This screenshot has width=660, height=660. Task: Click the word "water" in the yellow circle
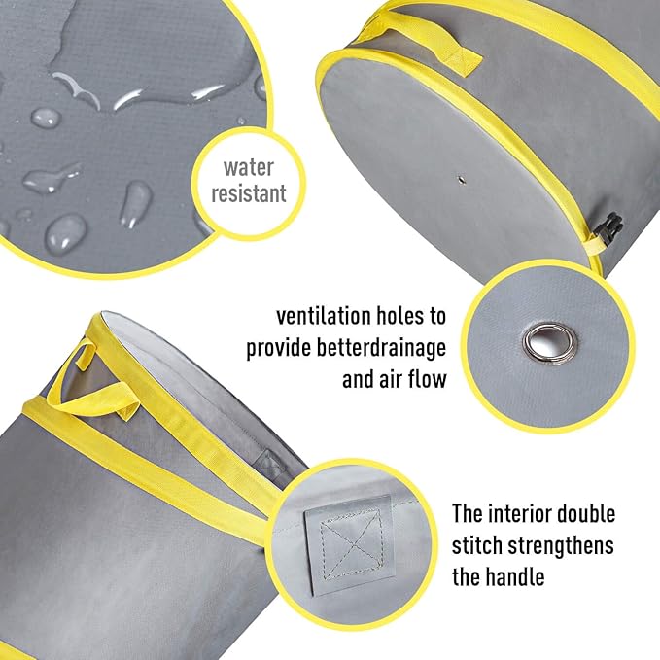point(250,165)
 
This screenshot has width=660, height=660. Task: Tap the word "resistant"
point(250,192)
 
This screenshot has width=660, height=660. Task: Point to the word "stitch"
point(480,545)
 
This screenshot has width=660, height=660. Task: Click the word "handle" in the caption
point(513,577)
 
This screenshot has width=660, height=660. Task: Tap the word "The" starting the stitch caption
point(470,513)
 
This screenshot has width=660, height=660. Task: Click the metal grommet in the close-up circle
point(539,340)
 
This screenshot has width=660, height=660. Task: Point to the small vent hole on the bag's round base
point(458,180)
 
